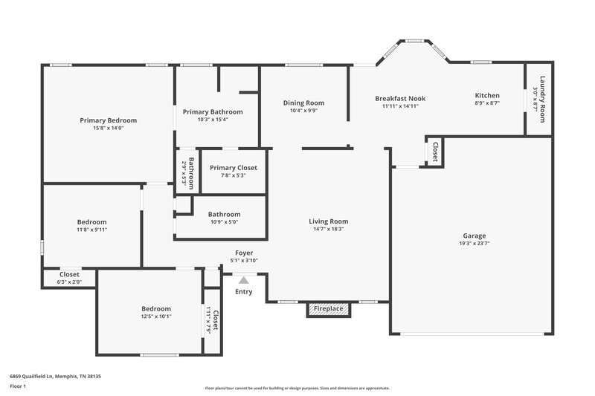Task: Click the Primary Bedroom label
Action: click(x=109, y=120)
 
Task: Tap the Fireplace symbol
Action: click(x=327, y=308)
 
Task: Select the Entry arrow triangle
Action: click(x=243, y=280)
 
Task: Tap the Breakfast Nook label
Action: click(x=400, y=97)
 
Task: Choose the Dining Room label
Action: click(x=303, y=103)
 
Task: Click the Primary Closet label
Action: click(x=233, y=168)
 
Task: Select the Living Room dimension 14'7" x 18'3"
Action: click(x=329, y=229)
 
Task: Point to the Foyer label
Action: click(x=243, y=253)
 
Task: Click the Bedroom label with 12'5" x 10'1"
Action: click(x=157, y=308)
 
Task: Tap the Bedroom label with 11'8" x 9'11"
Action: click(x=92, y=221)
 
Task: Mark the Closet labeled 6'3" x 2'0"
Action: click(x=69, y=274)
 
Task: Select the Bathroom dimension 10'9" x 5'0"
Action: click(x=223, y=221)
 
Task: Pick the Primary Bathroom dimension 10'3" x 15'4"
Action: click(x=213, y=120)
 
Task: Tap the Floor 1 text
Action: click(x=19, y=387)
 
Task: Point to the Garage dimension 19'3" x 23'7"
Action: click(x=472, y=242)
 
